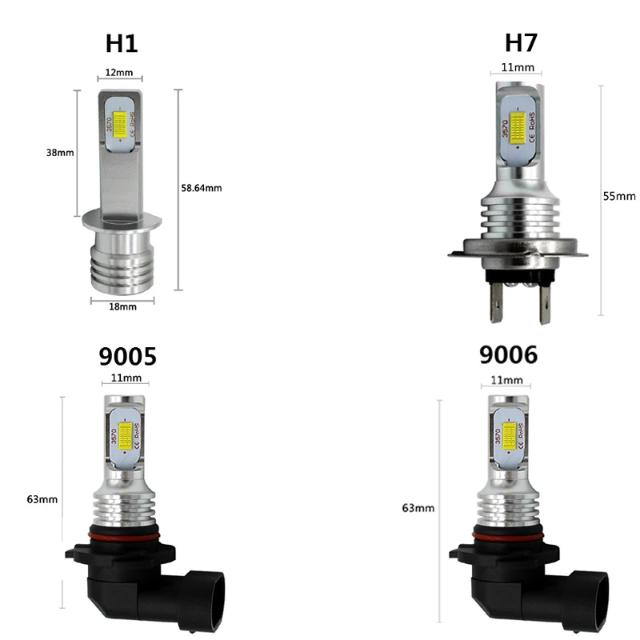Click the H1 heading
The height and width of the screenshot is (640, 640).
122,43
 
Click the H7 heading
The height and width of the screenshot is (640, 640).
522,42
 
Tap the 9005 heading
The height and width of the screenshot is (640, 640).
127,356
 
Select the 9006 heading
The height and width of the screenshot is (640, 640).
508,354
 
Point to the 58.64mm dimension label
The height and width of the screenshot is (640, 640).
202,188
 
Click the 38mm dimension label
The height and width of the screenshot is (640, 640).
60,153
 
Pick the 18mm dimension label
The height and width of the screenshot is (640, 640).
123,306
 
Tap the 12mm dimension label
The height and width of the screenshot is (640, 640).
119,73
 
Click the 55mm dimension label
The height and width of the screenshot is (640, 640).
619,196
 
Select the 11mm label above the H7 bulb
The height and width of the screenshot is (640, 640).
518,67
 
